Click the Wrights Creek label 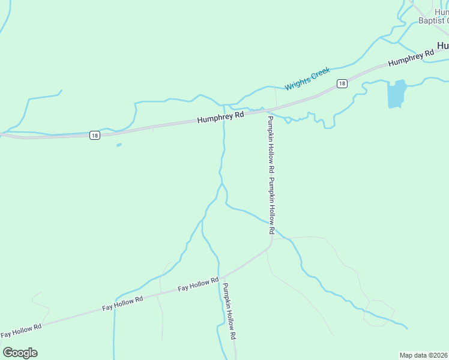pos(308,79)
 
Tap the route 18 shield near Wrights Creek pos(342,83)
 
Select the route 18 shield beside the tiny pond pos(95,135)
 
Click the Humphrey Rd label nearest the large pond pos(411,58)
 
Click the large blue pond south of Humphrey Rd pos(397,94)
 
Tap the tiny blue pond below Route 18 pos(119,145)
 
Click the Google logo pos(20,353)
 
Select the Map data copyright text pos(424,355)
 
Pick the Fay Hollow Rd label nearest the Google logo pos(21,330)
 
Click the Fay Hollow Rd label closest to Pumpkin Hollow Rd pos(198,285)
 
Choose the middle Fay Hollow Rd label pos(122,303)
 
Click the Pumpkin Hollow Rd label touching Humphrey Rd pos(271,145)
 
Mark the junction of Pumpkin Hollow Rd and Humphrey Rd pos(267,110)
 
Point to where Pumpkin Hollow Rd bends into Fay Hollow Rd pos(271,242)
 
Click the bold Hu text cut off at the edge pos(443,45)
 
